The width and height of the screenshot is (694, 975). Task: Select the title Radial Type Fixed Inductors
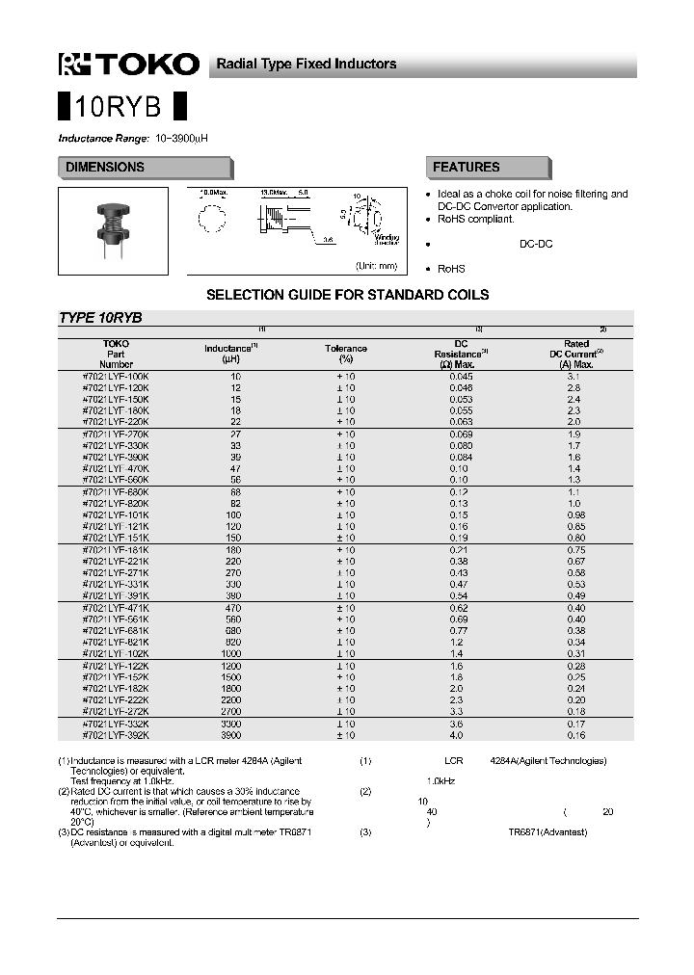tap(306, 64)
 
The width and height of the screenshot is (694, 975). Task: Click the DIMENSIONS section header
tap(105, 168)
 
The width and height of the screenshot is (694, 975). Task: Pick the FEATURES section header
tap(466, 168)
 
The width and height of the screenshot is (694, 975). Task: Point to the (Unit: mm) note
tap(376, 266)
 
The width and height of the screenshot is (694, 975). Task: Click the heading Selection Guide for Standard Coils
tap(347, 295)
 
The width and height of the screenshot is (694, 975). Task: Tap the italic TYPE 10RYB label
tap(100, 318)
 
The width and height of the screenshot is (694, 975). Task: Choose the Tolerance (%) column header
tap(345, 354)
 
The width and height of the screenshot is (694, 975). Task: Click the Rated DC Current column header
tap(576, 354)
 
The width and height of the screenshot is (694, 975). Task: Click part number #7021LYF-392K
tap(116, 735)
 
